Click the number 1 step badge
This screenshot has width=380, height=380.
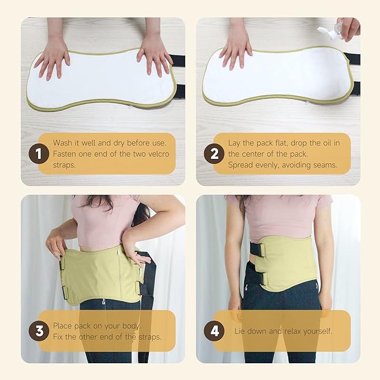pos(39,154)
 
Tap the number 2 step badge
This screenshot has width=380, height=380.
pos(214,154)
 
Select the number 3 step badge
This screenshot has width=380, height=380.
pos(39,331)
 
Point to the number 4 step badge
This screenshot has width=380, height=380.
pos(214,331)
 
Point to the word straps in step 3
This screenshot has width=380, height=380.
pos(150,337)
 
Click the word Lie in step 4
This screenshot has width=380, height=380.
pos(240,331)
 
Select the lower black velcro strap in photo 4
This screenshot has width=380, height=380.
pos(256,278)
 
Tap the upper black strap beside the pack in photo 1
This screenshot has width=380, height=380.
pos(177,60)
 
